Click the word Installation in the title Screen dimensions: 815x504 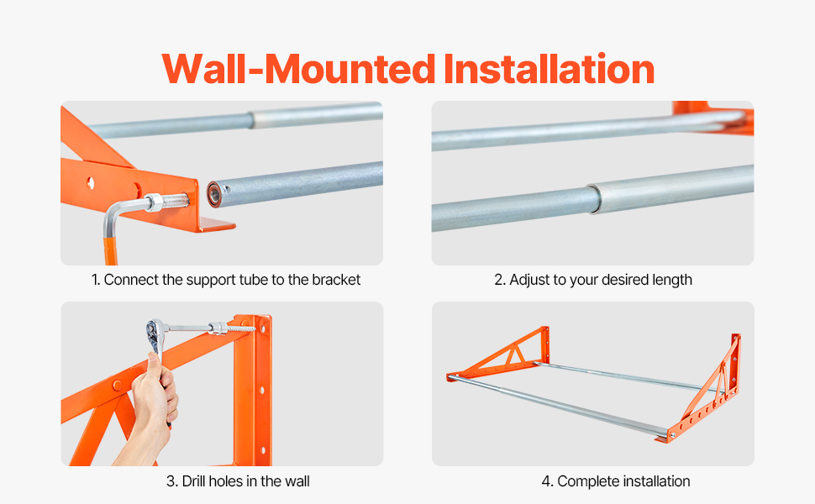coord(549,69)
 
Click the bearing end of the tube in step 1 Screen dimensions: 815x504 coord(214,194)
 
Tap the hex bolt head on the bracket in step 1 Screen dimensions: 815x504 coord(153,202)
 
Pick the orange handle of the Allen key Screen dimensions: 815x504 coord(111,251)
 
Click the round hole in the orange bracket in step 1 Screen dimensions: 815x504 coord(91,182)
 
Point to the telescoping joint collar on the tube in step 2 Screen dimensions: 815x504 coord(595,198)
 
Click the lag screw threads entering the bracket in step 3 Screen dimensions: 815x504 coord(242,329)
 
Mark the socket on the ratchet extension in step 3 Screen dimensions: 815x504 coord(218,328)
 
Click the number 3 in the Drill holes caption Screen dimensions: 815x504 coord(171,481)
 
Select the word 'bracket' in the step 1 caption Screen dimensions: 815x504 coord(336,280)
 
